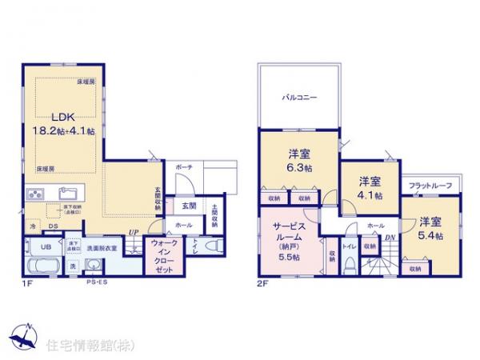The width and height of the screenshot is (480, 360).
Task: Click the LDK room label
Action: pos(50,115)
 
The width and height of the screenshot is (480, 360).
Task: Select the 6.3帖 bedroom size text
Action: pos(298,169)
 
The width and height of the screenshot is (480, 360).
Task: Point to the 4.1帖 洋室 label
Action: pos(370,194)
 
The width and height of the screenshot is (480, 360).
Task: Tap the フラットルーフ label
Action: pos(430,186)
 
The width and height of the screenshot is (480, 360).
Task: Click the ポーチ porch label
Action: pos(183,168)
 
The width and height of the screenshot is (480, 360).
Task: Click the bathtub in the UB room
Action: pos(42,267)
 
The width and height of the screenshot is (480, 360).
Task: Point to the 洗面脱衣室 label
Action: pos(102,248)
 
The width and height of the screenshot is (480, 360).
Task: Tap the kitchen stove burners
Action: pos(36,194)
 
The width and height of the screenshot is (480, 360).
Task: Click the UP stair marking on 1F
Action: pos(134,234)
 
